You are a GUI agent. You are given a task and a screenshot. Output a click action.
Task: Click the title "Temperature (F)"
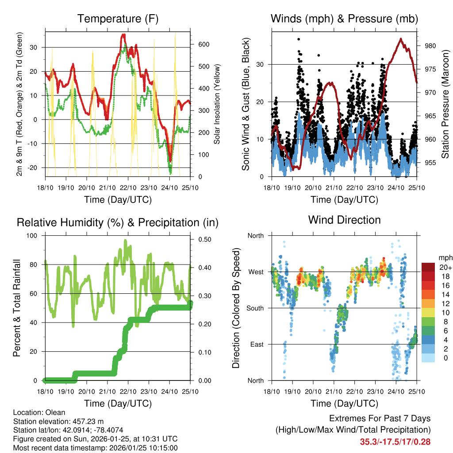(x=118, y=19)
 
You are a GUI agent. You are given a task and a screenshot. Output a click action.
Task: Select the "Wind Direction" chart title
(x=344, y=220)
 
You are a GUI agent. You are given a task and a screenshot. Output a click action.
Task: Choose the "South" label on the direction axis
(x=255, y=308)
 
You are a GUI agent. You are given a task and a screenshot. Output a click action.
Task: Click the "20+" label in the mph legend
(x=444, y=268)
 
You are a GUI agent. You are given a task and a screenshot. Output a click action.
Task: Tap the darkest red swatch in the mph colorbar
(x=428, y=267)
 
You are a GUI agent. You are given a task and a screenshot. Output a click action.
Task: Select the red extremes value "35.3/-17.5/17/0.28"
(x=395, y=441)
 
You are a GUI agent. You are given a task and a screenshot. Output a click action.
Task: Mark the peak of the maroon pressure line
(x=401, y=39)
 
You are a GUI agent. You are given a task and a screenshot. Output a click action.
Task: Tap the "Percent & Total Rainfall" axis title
(x=17, y=308)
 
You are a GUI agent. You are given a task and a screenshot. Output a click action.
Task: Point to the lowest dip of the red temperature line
(x=170, y=161)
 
